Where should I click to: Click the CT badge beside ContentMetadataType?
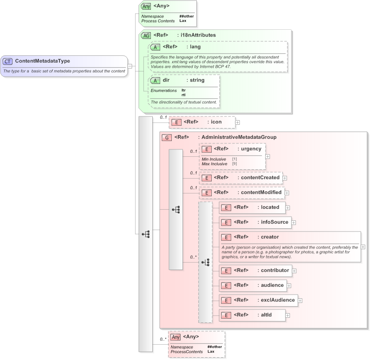click(x=8, y=61)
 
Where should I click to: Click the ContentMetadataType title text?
click(x=43, y=61)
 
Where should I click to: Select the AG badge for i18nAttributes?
click(x=146, y=35)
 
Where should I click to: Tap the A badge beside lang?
click(x=155, y=46)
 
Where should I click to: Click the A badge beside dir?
click(x=155, y=80)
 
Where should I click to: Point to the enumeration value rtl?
click(x=184, y=95)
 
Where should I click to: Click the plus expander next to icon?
click(x=238, y=122)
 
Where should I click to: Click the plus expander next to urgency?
click(x=268, y=156)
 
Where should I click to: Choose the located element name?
click(x=270, y=207)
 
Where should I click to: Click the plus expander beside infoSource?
click(x=294, y=223)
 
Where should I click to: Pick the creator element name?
click(x=270, y=237)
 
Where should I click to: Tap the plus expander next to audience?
click(x=289, y=286)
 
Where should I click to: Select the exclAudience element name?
click(x=278, y=300)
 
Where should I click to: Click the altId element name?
click(x=266, y=315)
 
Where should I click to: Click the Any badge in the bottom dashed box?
click(x=175, y=337)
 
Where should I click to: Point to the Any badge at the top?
click(x=146, y=6)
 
